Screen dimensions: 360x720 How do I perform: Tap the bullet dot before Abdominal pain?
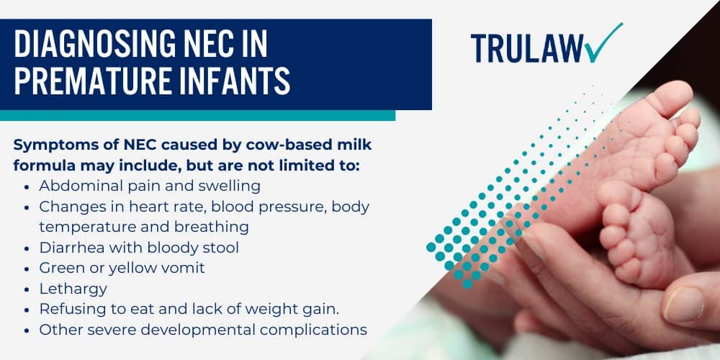point(27,186)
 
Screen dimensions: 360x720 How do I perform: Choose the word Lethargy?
point(73,289)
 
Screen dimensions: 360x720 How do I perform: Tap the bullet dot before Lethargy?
point(27,289)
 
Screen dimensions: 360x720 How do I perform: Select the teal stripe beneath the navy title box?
point(197,115)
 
